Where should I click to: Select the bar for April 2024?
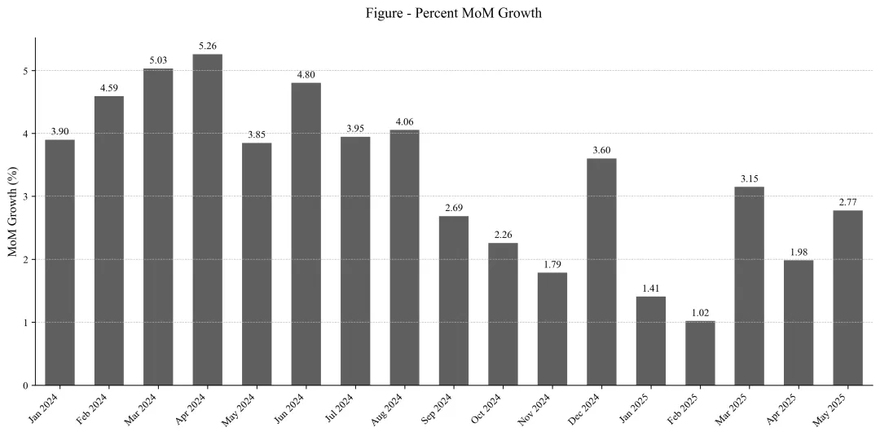208,220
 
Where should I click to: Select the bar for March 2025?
749,286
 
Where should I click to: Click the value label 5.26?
208,46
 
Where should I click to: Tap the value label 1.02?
700,312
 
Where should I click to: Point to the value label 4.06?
404,121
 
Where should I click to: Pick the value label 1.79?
552,264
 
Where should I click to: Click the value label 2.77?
847,202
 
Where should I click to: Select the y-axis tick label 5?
25,71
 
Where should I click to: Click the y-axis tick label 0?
25,385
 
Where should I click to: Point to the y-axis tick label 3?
25,196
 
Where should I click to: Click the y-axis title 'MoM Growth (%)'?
13,211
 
